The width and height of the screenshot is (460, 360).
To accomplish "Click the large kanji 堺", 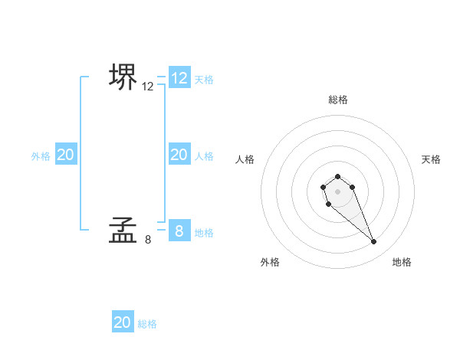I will (x=123, y=77).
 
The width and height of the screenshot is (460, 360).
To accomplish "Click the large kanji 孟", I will (x=123, y=230).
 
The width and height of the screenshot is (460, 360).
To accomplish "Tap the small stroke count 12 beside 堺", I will (x=148, y=87).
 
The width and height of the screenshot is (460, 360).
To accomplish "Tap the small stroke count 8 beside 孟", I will (x=148, y=239).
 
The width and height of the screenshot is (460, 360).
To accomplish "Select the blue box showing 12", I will (x=179, y=78).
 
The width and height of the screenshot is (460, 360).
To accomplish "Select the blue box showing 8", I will (x=179, y=231).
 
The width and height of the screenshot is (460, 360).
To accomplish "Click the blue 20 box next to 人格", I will (x=179, y=155).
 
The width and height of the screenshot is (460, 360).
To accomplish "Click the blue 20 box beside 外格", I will (x=65, y=155).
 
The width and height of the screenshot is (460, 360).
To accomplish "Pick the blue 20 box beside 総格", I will (x=123, y=322).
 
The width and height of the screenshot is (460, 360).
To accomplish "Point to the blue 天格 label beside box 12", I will (x=204, y=79).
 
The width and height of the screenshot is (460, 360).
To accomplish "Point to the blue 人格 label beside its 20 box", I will (x=204, y=155).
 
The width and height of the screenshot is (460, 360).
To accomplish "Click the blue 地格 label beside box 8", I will (x=204, y=232).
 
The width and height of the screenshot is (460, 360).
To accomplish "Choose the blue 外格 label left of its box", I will (x=41, y=155).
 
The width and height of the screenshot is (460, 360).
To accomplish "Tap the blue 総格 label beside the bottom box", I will (x=147, y=324).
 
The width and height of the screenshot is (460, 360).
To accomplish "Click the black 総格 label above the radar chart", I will (x=337, y=100).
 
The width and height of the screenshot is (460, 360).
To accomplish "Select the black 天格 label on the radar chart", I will (x=431, y=159).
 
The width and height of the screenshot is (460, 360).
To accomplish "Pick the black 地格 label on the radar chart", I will (x=402, y=262).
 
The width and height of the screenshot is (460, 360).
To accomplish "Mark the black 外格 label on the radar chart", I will (x=270, y=262).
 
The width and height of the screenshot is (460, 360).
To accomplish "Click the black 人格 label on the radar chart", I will (x=245, y=159).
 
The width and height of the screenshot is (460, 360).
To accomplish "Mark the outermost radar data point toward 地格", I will (x=374, y=242).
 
